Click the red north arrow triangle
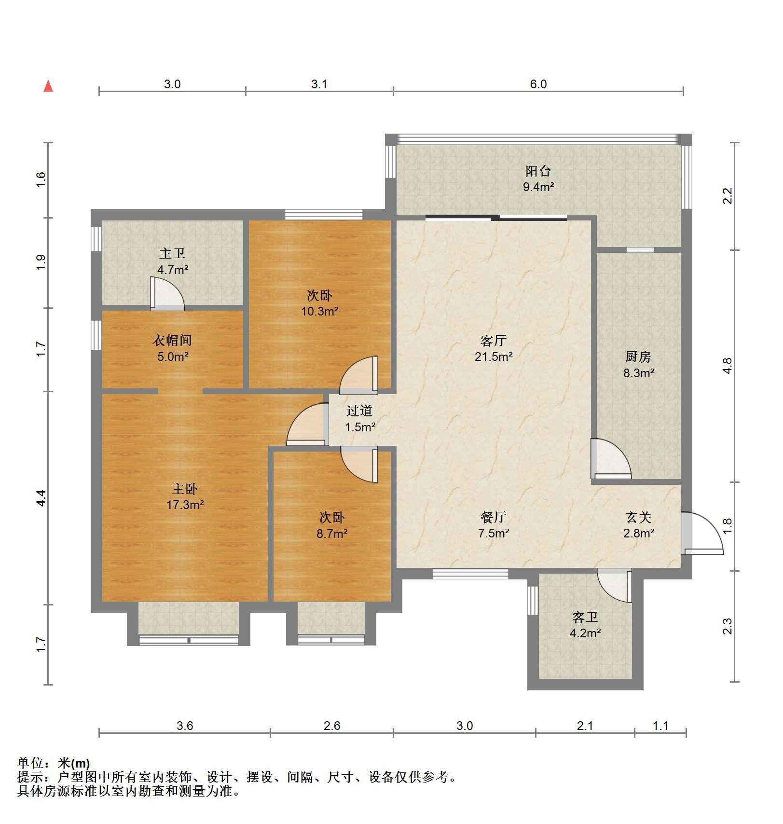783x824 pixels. point(48,86)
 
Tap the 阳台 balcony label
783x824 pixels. point(538,171)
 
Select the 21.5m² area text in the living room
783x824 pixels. point(494,357)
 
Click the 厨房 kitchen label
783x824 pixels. point(638,357)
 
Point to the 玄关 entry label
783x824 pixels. point(639,517)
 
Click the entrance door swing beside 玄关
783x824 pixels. point(702,533)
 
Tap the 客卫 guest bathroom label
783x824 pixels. point(585,617)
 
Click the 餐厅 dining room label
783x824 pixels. point(494,517)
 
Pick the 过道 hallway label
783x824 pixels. point(360,411)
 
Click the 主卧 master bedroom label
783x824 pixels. point(185,489)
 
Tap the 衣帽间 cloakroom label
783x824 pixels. point(172,341)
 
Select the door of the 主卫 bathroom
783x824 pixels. point(167,293)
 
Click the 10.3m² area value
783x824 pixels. point(320,311)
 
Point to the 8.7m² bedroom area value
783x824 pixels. point(332,534)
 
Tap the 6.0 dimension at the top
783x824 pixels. point(538,84)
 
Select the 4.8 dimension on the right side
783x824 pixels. point(728,365)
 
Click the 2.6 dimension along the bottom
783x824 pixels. point(332,726)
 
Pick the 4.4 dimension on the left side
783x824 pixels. point(41,498)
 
